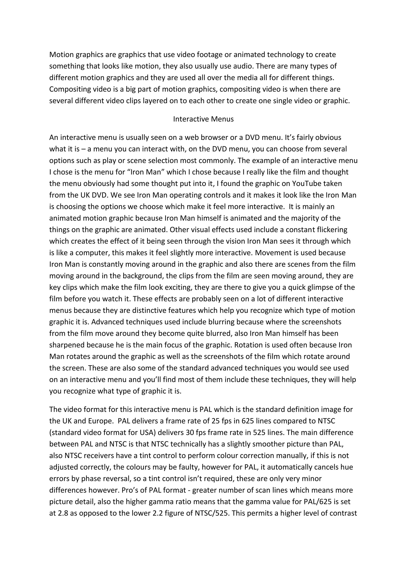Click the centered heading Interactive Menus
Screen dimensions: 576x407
(203, 119)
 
